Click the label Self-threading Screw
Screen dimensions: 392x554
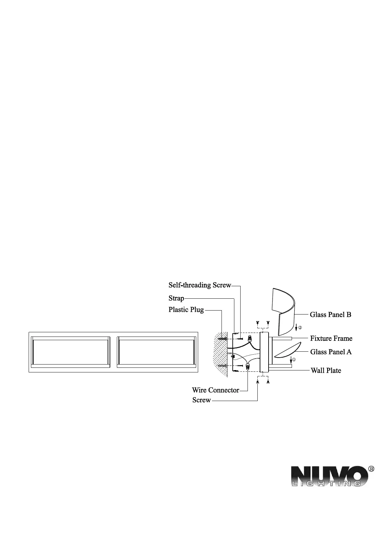pyautogui.click(x=200, y=285)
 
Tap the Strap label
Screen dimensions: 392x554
pyautogui.click(x=176, y=298)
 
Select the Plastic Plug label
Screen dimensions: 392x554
pyautogui.click(x=186, y=310)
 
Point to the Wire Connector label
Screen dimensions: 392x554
pyautogui.click(x=215, y=390)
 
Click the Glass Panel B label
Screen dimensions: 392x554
pyautogui.click(x=330, y=315)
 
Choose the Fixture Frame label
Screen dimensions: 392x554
pyautogui.click(x=331, y=339)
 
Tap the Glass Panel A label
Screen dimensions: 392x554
pyautogui.click(x=331, y=352)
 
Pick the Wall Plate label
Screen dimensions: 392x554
pyautogui.click(x=326, y=371)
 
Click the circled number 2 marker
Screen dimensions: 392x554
pyautogui.click(x=300, y=328)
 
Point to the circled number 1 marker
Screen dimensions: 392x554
pyautogui.click(x=294, y=360)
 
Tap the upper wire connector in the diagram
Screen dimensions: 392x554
pyautogui.click(x=250, y=338)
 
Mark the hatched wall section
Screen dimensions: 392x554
pyautogui.click(x=221, y=354)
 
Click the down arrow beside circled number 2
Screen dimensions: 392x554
pyautogui.click(x=296, y=327)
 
